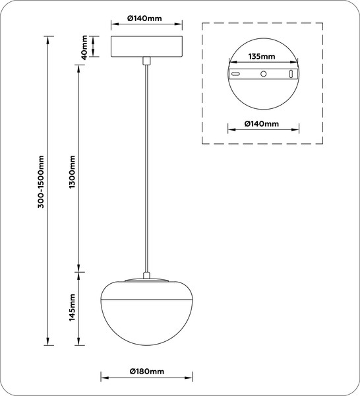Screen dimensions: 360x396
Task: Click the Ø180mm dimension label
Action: point(146,372)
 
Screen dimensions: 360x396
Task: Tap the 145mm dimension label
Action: point(73,308)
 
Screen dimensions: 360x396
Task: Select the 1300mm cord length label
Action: point(73,172)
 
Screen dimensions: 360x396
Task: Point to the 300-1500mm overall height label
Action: point(41,182)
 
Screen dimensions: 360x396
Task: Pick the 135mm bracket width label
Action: point(262,56)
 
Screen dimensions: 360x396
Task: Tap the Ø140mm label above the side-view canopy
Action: point(144,18)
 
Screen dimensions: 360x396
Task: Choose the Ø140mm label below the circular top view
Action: point(262,124)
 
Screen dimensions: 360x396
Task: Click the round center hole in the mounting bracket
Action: point(263,74)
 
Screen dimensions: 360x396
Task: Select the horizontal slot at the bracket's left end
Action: point(235,74)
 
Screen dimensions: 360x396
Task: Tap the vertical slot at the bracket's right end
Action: point(291,74)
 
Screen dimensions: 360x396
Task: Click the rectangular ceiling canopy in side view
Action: point(146,46)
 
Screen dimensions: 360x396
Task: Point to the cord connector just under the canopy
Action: point(146,61)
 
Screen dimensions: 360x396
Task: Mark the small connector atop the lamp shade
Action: point(146,275)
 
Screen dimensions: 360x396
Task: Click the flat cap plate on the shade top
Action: point(146,280)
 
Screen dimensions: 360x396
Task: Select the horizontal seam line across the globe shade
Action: point(146,300)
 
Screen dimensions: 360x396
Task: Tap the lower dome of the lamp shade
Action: point(146,323)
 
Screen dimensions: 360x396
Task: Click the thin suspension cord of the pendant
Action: point(146,168)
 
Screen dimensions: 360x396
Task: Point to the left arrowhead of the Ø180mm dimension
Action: point(105,378)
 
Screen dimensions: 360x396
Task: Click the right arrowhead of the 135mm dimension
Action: point(294,62)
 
